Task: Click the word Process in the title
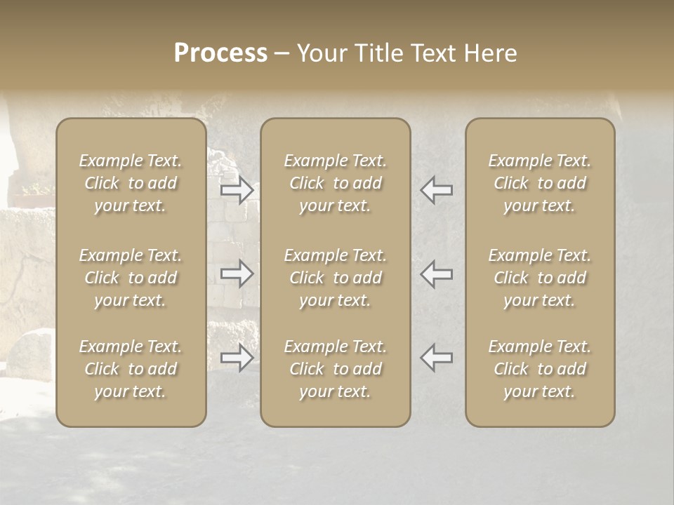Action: [220, 53]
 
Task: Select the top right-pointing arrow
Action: [237, 191]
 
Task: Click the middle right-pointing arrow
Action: [237, 274]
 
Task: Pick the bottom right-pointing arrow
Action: [237, 358]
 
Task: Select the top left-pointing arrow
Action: [436, 191]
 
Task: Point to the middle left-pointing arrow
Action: [436, 274]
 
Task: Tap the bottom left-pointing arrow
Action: [436, 358]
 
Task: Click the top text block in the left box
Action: [131, 183]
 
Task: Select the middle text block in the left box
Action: [131, 278]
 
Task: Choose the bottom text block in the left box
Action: [131, 369]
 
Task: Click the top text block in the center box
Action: [335, 183]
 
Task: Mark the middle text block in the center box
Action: [335, 278]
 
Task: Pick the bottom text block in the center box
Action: [335, 369]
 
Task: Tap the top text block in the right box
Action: [540, 183]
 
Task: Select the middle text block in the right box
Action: [540, 278]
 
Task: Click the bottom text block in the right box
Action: [540, 369]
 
